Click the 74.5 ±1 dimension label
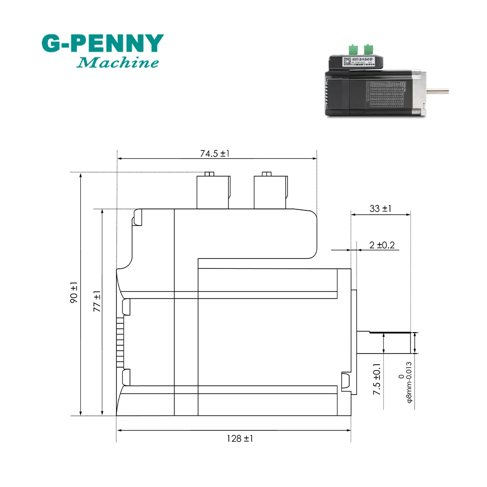coord(214,153)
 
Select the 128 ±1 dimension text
coord(240,438)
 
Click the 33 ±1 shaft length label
coord(381,209)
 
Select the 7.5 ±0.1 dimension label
coord(377,380)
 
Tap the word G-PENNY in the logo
coord(102,44)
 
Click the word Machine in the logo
coord(118,63)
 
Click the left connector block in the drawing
coord(212,192)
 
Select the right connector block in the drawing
coord(269,192)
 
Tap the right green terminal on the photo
coord(368,49)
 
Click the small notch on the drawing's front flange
coord(345,381)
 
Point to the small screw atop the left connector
coord(209,174)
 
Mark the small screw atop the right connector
coord(266,174)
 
